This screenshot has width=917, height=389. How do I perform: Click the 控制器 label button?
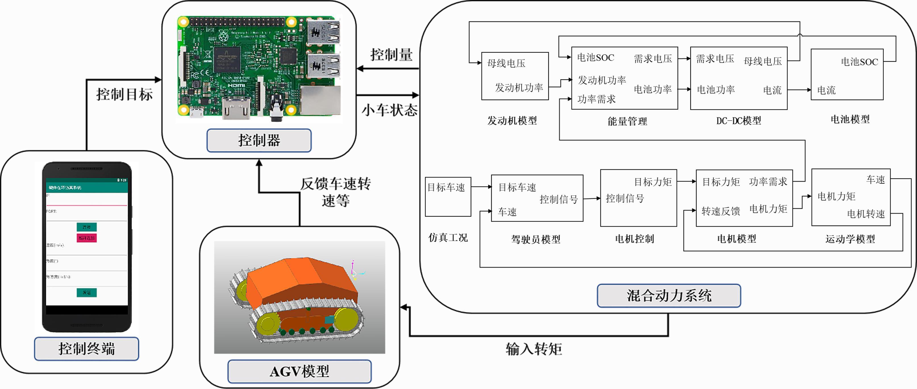point(259,140)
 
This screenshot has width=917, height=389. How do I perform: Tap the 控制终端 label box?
point(87,348)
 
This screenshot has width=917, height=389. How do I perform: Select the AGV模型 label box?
point(299,371)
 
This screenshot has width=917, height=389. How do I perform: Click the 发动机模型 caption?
point(512,121)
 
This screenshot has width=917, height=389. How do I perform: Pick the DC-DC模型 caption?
point(739,121)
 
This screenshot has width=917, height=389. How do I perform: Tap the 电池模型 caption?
point(850,119)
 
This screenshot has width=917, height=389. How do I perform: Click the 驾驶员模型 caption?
point(536,239)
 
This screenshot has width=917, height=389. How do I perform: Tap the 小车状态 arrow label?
point(389,110)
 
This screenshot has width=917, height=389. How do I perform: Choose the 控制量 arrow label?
point(391,55)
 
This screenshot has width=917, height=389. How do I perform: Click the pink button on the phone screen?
point(87,238)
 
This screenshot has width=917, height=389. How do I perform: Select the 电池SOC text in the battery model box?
point(859,62)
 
